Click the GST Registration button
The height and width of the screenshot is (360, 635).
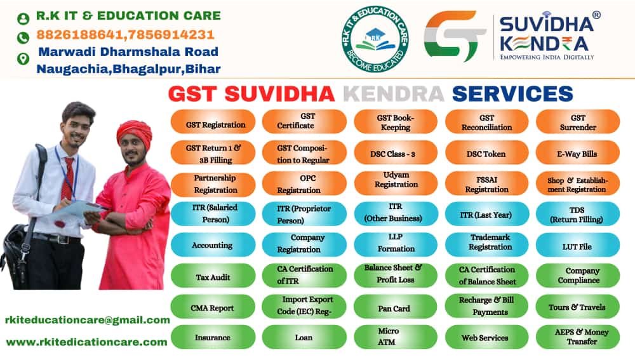coord(213,121)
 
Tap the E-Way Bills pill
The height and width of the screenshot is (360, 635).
coord(578,153)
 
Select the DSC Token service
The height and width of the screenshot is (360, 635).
coord(487,153)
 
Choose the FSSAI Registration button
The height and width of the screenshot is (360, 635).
coord(487,184)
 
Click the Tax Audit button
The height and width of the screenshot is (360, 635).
coord(213,276)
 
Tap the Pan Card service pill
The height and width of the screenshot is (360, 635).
coord(395,307)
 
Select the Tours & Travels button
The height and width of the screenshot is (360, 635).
coord(578,307)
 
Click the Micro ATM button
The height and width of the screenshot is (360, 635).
coord(395,337)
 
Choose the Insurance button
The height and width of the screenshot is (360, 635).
coord(213,337)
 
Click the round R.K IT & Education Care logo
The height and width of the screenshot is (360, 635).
coord(375,39)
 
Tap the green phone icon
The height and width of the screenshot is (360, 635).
coord(23,37)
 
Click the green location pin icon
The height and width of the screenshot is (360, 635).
coord(23,58)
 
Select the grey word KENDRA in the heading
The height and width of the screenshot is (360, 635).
coord(394,94)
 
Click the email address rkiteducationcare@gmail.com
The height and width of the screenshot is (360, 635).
coord(88,320)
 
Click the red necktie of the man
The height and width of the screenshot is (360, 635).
coord(68,178)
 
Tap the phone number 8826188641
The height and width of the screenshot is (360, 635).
coord(80,34)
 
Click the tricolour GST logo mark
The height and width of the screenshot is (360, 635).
coord(454,36)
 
